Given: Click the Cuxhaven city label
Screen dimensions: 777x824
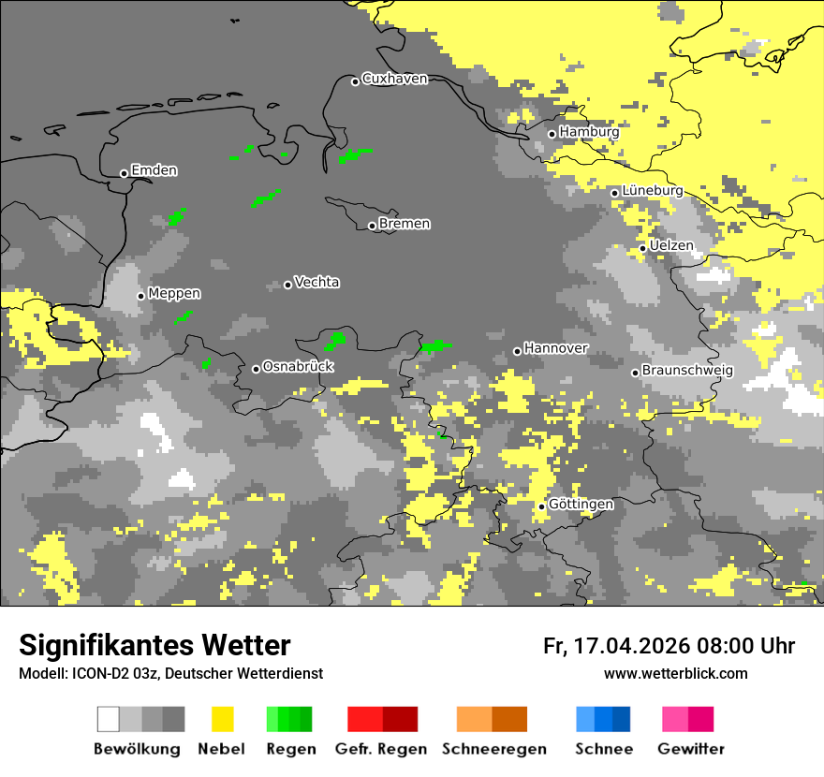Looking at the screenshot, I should (394, 80).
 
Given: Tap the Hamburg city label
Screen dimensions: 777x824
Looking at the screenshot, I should (589, 133).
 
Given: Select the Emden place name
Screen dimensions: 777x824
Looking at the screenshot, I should (154, 170).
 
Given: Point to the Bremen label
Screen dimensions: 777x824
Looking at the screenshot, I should (405, 224).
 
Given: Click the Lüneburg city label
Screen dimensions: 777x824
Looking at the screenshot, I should (653, 191).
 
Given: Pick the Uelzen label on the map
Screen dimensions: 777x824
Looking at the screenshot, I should (671, 246).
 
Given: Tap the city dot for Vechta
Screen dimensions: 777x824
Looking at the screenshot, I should (287, 285).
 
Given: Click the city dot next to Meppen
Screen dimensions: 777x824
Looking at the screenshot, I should (140, 296).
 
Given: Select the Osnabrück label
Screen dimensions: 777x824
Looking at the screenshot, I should (298, 367).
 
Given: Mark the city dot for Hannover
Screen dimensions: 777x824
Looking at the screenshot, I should (517, 351).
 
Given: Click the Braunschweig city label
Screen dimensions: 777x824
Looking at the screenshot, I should (687, 371).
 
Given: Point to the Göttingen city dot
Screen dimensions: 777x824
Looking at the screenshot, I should (541, 506).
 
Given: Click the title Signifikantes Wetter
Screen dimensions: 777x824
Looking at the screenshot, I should (154, 645).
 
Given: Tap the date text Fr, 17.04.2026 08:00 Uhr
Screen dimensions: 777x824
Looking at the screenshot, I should (669, 646).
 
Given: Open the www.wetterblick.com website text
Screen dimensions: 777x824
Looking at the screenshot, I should (675, 674).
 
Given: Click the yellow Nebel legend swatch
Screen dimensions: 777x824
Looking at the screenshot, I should (223, 719).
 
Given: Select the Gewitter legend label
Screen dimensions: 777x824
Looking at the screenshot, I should (690, 749).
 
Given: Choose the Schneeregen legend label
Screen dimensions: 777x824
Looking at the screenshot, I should (493, 749).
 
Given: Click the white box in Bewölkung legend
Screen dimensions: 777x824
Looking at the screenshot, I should (109, 719).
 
